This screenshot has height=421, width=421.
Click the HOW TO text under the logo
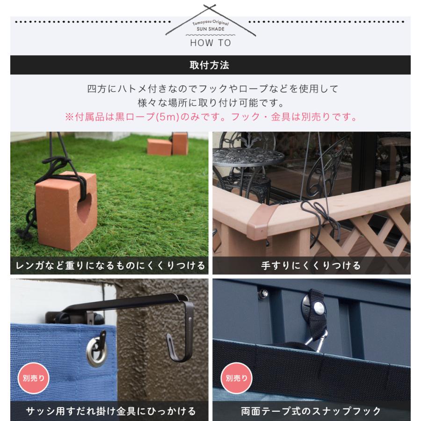[210, 43]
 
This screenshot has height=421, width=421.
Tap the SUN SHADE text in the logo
[210, 29]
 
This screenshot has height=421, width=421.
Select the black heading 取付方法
[210, 65]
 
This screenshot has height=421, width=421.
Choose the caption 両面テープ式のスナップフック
[311, 412]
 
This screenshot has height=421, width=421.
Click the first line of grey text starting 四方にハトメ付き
[210, 88]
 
